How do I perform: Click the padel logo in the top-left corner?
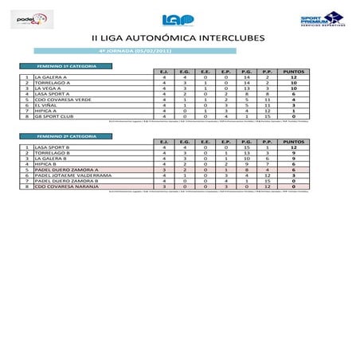(35, 18)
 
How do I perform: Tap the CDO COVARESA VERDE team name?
(57, 99)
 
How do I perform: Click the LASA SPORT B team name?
(49, 147)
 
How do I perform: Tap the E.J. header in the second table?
(163, 142)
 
